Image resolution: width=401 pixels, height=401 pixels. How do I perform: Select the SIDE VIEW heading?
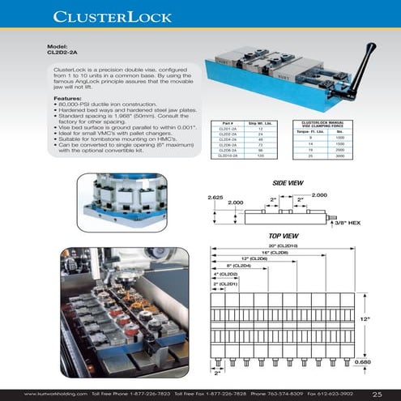288,183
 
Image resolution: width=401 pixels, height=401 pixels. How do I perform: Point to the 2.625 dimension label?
215,198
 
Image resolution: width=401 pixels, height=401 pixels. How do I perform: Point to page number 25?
378,394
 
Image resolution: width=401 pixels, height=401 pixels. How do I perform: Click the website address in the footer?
56,395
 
